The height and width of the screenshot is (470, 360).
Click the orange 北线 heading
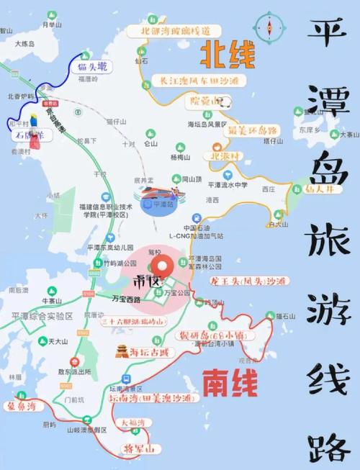(x=227, y=53)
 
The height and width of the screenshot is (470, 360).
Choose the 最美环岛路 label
(x=252, y=130)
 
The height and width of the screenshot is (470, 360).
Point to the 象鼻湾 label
(x=22, y=406)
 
